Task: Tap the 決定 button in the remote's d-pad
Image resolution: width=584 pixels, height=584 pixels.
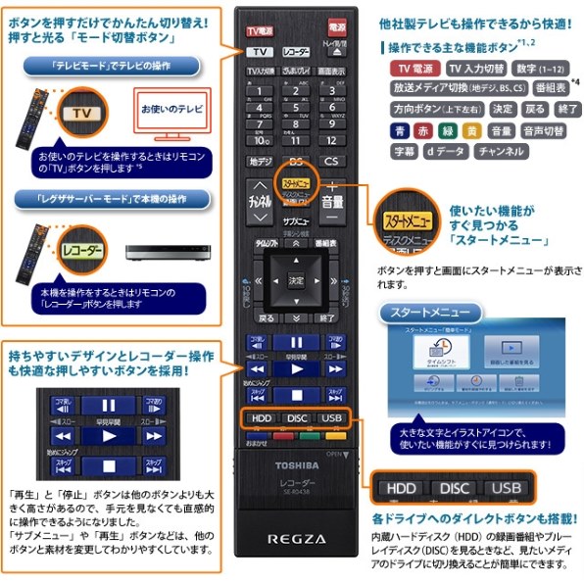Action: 298,280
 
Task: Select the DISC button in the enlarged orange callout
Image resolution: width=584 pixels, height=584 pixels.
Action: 454,488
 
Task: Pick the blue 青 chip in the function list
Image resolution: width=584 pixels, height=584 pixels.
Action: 400,130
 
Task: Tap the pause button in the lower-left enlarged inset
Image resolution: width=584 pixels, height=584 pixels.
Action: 109,405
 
